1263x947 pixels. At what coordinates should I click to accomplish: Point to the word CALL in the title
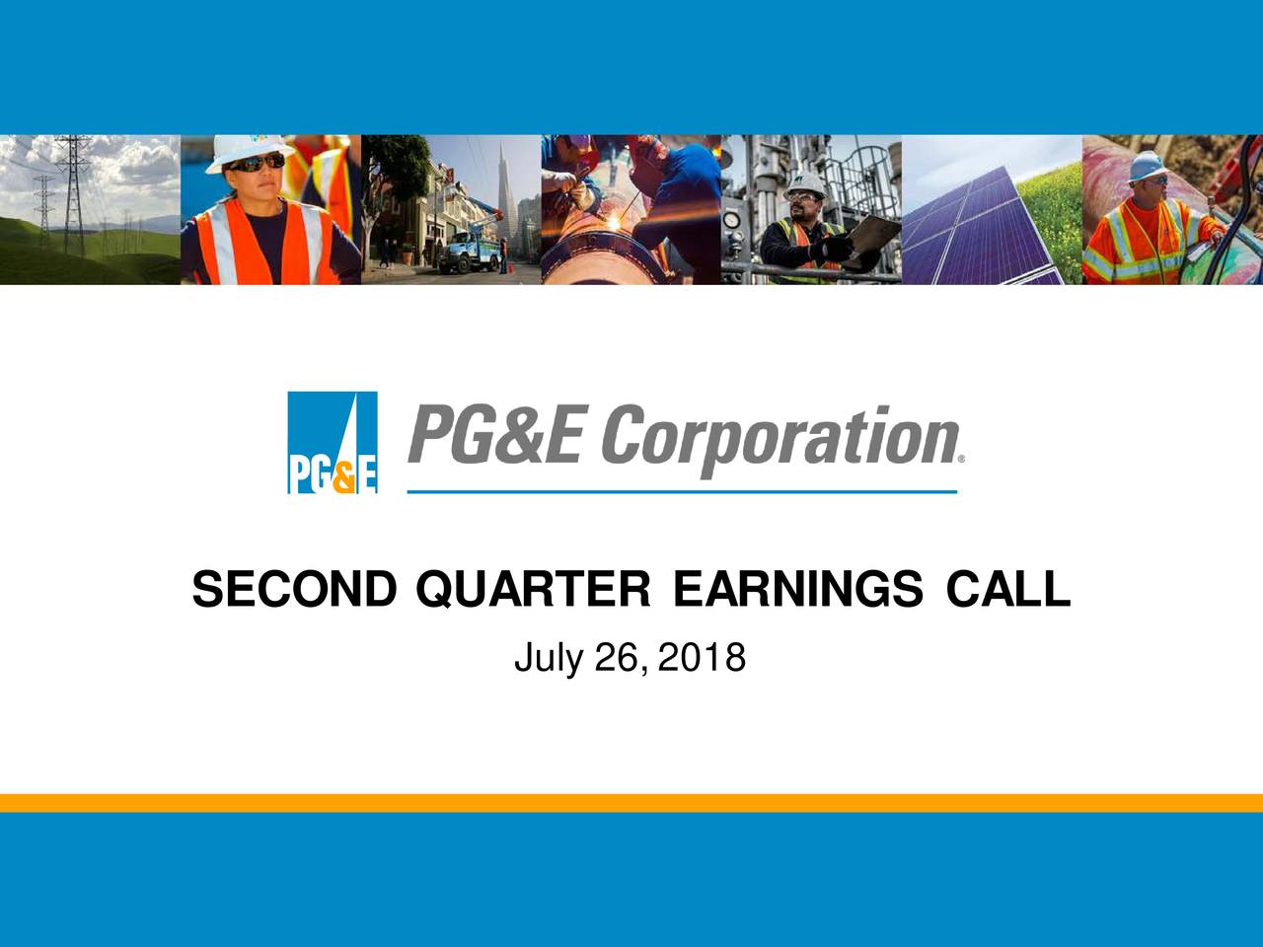point(1007,590)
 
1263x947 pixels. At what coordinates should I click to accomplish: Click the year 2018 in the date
point(702,658)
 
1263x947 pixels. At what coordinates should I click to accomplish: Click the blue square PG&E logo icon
point(332,442)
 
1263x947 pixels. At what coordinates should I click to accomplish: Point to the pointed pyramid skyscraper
point(502,192)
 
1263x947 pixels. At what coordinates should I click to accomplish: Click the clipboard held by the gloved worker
point(872,236)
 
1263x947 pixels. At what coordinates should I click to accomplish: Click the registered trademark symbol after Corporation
point(961,460)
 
